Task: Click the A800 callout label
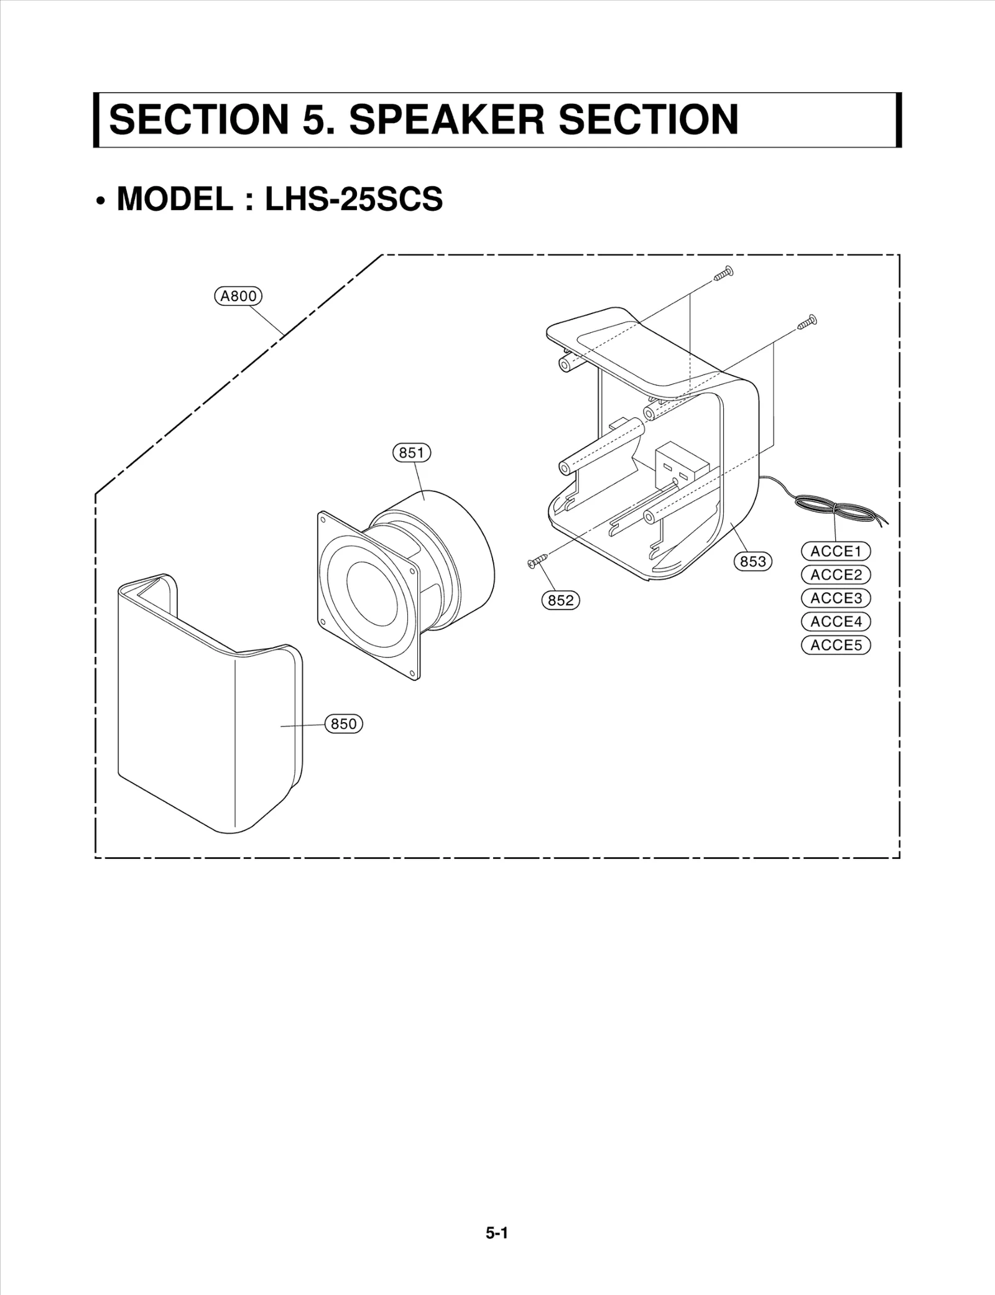pos(238,296)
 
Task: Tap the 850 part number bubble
pos(344,724)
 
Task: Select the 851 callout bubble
pos(412,453)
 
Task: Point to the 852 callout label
pos(560,600)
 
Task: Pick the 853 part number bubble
pos(753,562)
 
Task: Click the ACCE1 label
pos(836,551)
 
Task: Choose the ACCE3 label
pos(836,598)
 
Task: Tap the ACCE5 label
pos(836,645)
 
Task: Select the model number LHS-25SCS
pos(354,199)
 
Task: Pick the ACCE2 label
pos(836,575)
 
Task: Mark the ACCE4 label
pos(836,621)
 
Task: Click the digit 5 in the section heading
pos(313,119)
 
